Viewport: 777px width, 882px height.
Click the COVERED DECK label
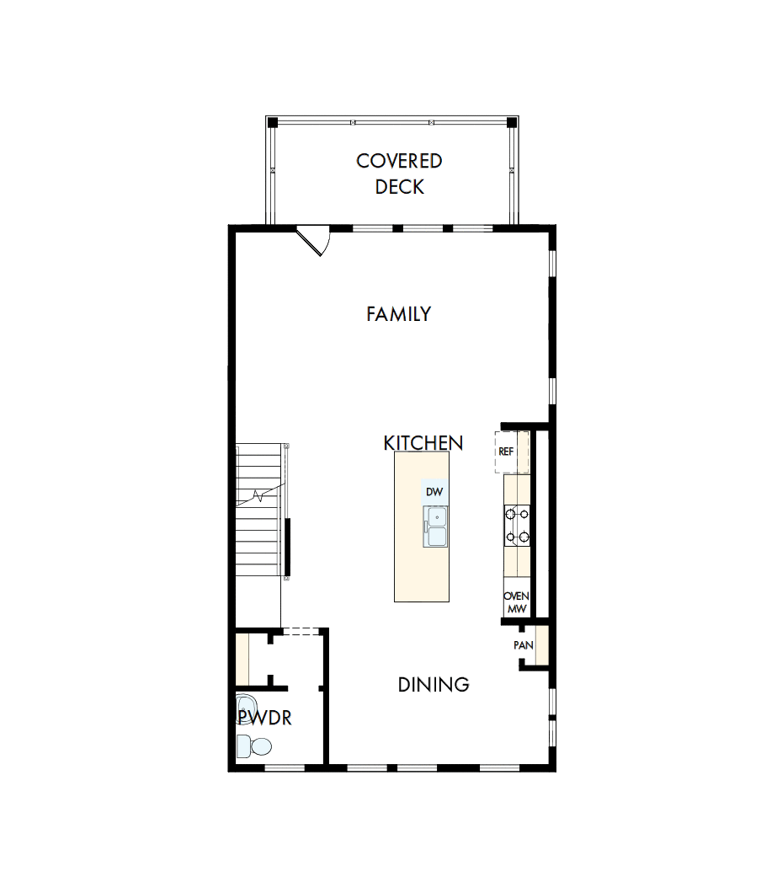(x=399, y=174)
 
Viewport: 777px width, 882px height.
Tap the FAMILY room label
(x=398, y=314)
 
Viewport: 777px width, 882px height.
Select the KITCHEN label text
(x=423, y=443)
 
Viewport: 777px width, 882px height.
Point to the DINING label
(x=433, y=685)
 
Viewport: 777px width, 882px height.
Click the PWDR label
(x=264, y=719)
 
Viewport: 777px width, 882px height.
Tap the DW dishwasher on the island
(x=434, y=491)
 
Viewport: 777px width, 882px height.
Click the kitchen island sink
(x=435, y=527)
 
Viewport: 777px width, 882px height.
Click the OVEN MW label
(x=516, y=601)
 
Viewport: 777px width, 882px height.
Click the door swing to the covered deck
(x=314, y=240)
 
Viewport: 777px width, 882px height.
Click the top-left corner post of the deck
(x=273, y=122)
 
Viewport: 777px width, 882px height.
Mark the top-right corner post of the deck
(x=512, y=122)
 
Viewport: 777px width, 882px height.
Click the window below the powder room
(x=285, y=767)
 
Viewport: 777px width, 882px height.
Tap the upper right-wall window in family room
(x=552, y=264)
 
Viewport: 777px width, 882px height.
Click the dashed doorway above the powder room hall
(x=299, y=630)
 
